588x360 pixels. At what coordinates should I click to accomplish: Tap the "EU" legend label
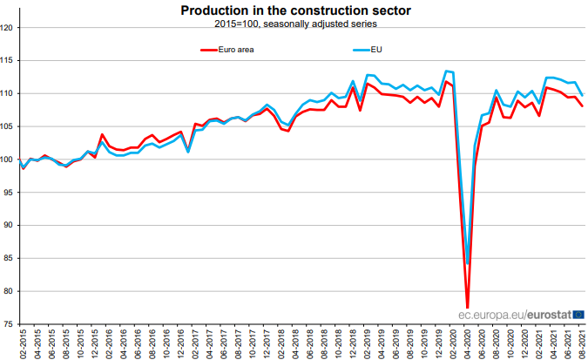(376, 50)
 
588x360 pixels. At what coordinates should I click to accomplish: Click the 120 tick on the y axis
(8, 28)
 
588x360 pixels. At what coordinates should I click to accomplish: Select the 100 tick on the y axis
(8, 160)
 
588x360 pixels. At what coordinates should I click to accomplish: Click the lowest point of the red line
(468, 307)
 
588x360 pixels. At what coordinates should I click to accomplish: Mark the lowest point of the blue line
(468, 263)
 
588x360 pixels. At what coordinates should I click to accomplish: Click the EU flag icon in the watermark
(578, 314)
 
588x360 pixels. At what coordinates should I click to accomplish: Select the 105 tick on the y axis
(8, 126)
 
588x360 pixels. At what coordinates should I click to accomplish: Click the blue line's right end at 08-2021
(582, 94)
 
